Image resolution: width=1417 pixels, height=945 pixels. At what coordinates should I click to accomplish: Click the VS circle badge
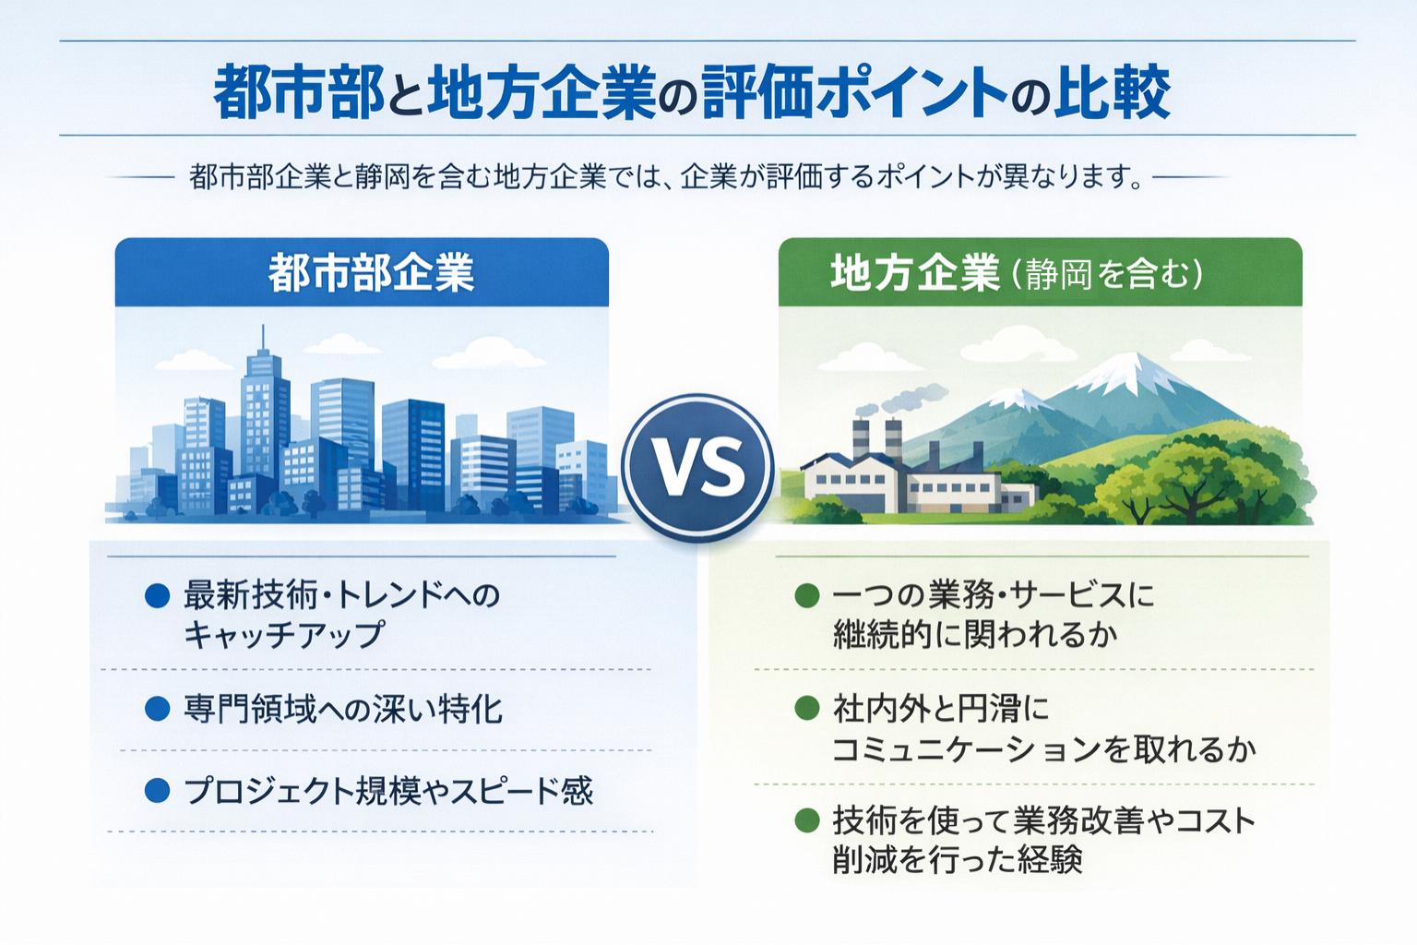(x=697, y=467)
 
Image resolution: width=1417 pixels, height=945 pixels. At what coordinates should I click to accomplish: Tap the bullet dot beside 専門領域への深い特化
(x=158, y=710)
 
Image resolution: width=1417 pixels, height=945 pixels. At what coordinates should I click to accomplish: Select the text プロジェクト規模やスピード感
(x=387, y=791)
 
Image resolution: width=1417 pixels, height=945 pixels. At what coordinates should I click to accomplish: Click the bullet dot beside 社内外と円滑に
(x=807, y=709)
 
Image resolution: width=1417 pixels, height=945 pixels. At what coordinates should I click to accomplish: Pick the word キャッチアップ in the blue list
(x=284, y=635)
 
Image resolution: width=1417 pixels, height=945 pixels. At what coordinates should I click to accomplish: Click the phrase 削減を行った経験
(x=957, y=860)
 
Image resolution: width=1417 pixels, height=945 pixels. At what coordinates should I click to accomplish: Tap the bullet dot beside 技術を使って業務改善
(x=807, y=820)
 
